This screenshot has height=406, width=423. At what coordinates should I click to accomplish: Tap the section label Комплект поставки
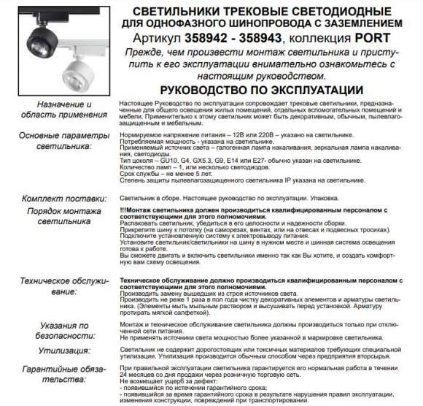(x=63, y=197)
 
